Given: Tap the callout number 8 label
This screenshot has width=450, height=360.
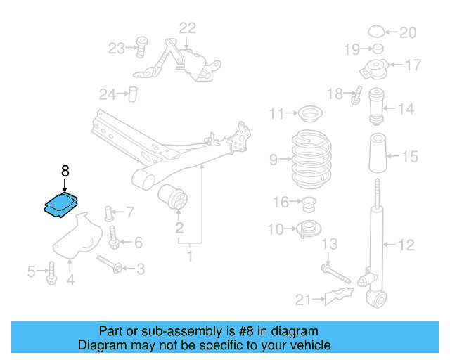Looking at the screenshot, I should point(65,171).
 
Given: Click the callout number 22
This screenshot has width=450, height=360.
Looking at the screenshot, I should point(187,28).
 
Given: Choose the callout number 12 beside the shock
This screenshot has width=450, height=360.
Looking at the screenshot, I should point(406,245).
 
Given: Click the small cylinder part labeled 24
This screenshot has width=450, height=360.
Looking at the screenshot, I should point(131,94).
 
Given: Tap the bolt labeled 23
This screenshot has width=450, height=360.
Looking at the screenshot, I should point(140,47).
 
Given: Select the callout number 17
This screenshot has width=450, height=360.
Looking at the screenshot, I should point(413,65).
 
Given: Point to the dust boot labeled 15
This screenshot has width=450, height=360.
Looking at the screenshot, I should point(376,155).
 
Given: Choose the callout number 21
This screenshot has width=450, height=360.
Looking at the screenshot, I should point(303,300).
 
